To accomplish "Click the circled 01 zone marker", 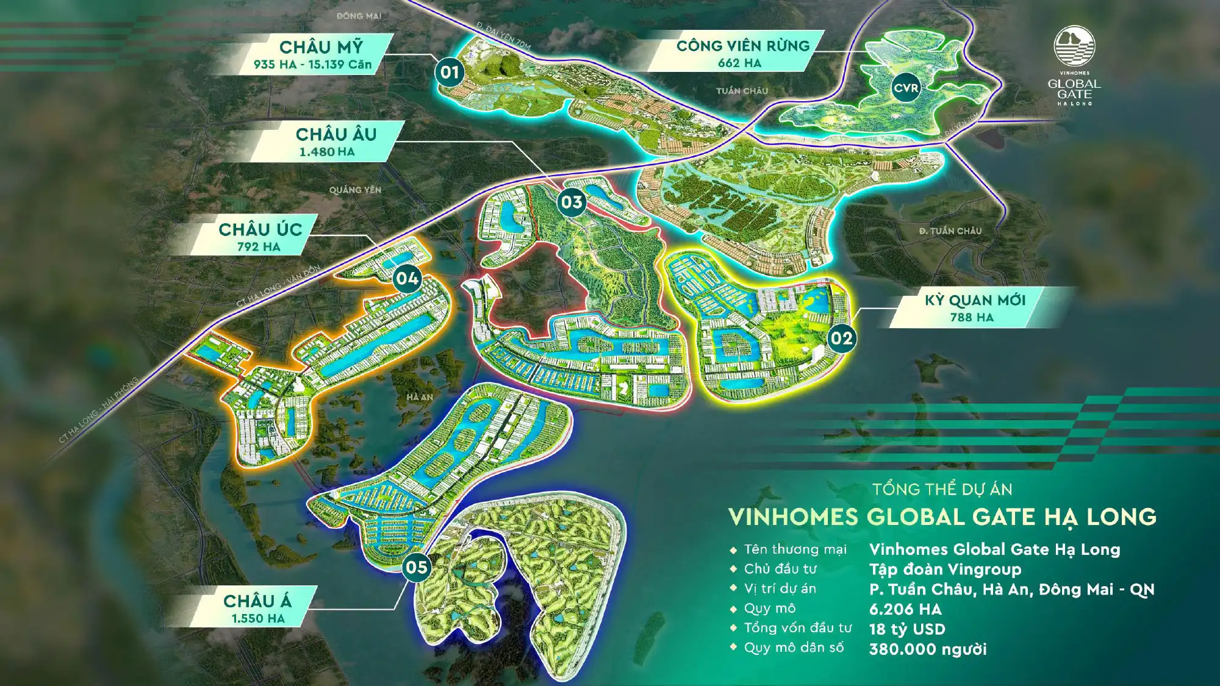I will tap(450, 73).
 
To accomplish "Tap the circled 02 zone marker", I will tap(841, 338).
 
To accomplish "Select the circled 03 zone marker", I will tap(572, 202).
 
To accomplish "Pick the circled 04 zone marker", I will tap(407, 279).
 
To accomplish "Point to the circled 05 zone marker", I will tap(417, 567).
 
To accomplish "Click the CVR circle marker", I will tap(906, 88).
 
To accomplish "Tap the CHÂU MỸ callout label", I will tap(321, 47).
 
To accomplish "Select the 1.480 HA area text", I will tap(326, 152).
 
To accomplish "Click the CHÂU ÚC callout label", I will tap(260, 229).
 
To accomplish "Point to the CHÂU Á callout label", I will tap(257, 601).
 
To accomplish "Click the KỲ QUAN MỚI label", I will tap(975, 300).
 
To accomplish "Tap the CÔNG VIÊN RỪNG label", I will tap(742, 46).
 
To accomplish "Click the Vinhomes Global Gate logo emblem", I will tap(1074, 46).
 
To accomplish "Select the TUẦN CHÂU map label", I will tap(742, 91).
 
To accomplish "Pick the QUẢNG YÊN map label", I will tap(355, 190).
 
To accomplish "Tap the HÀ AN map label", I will tap(420, 397).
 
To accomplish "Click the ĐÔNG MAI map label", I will tap(359, 16).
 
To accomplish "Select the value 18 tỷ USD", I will tap(907, 629).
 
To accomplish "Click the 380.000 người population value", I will tap(928, 649).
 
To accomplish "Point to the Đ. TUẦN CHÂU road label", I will tap(950, 230).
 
